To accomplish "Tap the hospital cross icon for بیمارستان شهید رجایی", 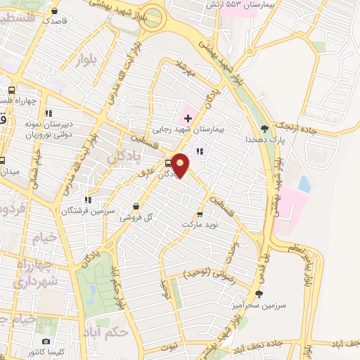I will (188, 116).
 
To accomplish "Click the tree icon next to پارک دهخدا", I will (264, 128).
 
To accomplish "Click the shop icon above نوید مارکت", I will (200, 213).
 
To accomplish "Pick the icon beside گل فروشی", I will (136, 207).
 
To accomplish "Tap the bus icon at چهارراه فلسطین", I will (11, 91).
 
